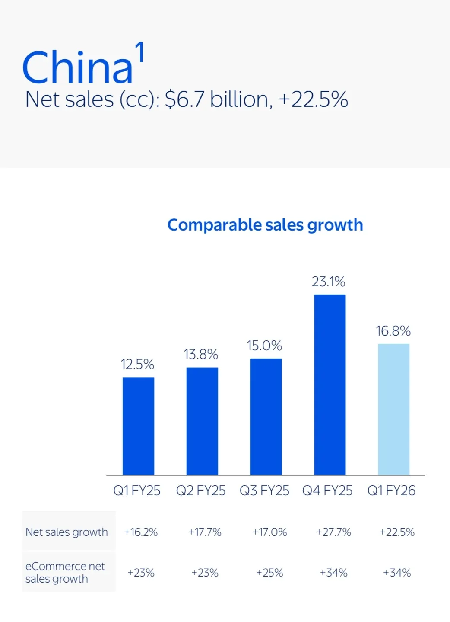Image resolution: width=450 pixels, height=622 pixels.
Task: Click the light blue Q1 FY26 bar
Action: pos(394,409)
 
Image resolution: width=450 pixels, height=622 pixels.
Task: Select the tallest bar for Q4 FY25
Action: pos(330,385)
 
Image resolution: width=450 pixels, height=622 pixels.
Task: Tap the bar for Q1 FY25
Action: pos(138,426)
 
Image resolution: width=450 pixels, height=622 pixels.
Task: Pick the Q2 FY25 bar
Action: pos(202,421)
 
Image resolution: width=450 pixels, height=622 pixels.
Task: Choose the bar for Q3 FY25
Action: pos(266,417)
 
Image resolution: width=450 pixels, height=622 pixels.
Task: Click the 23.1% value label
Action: pos(329,282)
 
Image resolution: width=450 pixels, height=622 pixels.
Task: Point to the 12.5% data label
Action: pos(137,364)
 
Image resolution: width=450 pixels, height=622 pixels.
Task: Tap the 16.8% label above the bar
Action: pos(393,331)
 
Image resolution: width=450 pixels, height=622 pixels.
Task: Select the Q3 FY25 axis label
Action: pos(264,491)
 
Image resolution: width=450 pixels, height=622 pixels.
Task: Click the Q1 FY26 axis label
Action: pos(391,491)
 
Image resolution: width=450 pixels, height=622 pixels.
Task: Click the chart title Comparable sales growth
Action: pos(265,225)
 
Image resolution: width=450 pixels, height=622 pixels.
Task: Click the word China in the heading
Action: pos(77,67)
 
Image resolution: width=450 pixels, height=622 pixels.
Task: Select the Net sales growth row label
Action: pos(67,532)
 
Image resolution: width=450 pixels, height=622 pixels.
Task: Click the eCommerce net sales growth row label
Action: pos(65,573)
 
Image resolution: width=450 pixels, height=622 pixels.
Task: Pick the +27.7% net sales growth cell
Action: pos(333,532)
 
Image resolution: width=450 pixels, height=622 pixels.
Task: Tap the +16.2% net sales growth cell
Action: pos(141,532)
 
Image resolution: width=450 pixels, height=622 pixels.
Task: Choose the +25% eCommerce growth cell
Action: pos(269,573)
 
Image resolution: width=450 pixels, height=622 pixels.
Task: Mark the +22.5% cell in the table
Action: pos(397,532)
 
